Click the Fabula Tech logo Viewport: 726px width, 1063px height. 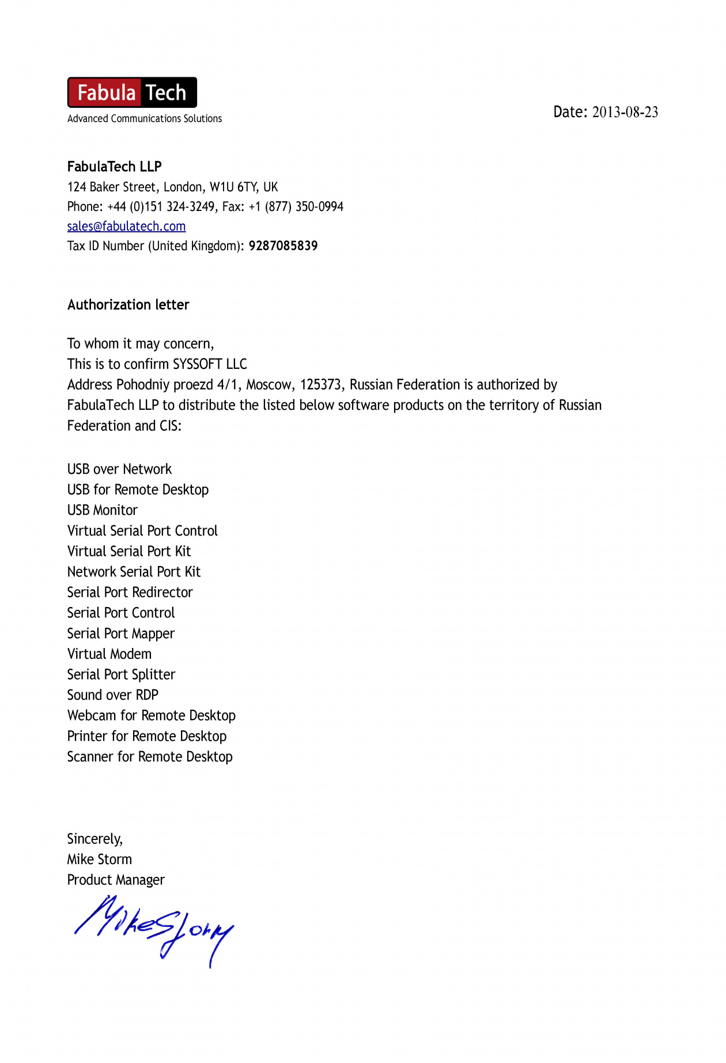click(x=132, y=92)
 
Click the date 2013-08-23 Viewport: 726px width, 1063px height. click(x=625, y=112)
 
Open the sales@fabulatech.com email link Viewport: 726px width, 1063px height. click(x=126, y=226)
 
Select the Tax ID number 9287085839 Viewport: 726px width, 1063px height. click(x=283, y=246)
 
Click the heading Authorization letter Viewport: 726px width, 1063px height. click(x=128, y=304)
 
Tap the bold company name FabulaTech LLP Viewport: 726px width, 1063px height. click(x=114, y=167)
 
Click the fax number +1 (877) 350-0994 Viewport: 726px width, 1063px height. click(x=296, y=206)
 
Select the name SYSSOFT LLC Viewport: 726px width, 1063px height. click(x=210, y=364)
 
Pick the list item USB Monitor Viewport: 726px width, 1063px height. click(x=103, y=510)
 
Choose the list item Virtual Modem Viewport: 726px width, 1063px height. click(x=109, y=654)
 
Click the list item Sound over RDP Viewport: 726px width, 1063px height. click(x=112, y=695)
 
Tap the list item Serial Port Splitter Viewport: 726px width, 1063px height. click(x=121, y=674)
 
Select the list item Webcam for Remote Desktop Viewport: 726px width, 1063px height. click(x=151, y=715)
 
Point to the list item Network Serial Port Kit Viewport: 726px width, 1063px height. click(x=134, y=572)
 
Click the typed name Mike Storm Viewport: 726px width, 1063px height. click(x=99, y=859)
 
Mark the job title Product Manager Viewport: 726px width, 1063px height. click(x=116, y=880)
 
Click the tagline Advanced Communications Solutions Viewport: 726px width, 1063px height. click(x=144, y=119)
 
